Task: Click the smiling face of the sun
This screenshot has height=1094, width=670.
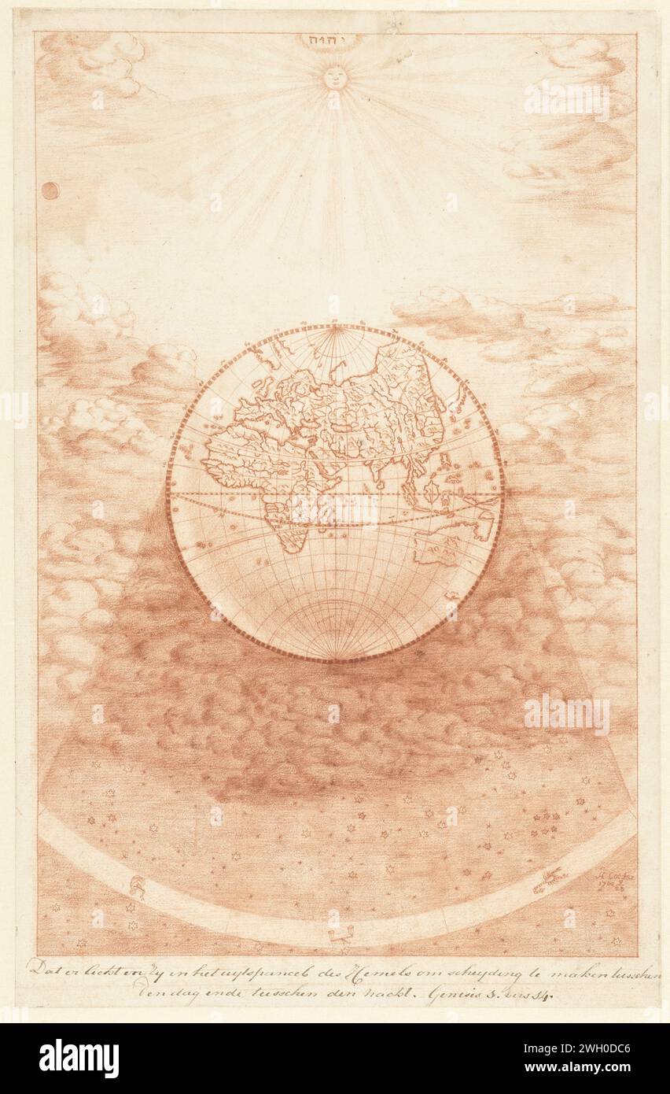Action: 335,77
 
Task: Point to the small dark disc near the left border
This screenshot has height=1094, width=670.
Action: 50,191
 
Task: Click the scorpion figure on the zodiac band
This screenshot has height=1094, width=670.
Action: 549,879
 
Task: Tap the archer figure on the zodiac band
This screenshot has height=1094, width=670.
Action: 138,887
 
